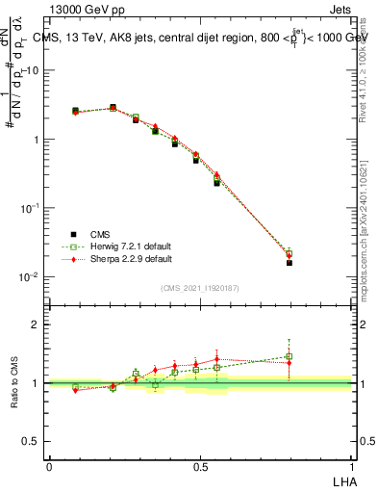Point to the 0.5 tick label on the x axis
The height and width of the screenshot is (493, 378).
(x=200, y=466)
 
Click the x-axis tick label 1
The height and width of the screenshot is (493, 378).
(x=352, y=466)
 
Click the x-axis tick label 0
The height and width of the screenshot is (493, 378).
(x=49, y=466)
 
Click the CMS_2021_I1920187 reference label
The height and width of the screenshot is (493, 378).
(x=200, y=288)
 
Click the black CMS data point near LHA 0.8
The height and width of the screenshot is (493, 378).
(x=290, y=262)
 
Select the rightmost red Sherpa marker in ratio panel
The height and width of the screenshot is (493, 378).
(x=290, y=362)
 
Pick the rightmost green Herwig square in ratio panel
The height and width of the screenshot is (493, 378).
(x=290, y=356)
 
